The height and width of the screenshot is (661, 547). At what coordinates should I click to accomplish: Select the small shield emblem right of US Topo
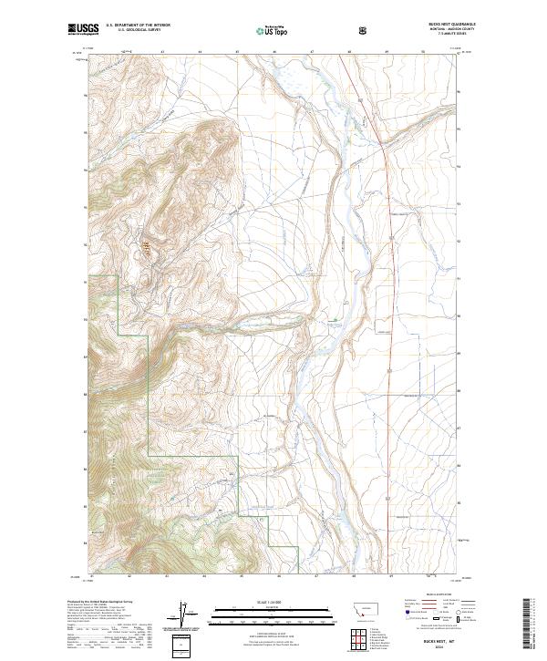(x=365, y=30)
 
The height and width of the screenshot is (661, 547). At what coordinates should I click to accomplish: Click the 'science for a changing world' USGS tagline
(x=83, y=36)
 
